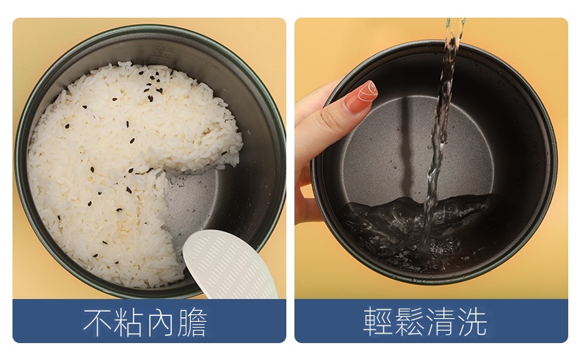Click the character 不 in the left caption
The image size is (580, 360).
click(x=97, y=322)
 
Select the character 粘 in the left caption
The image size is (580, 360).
click(x=128, y=322)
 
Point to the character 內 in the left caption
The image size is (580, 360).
click(x=160, y=322)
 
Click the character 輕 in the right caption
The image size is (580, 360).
click(x=377, y=321)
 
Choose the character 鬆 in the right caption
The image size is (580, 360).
click(x=409, y=321)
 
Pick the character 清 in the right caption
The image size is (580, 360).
click(x=441, y=321)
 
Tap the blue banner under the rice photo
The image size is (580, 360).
click(x=149, y=321)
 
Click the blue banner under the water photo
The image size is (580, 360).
click(x=431, y=321)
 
